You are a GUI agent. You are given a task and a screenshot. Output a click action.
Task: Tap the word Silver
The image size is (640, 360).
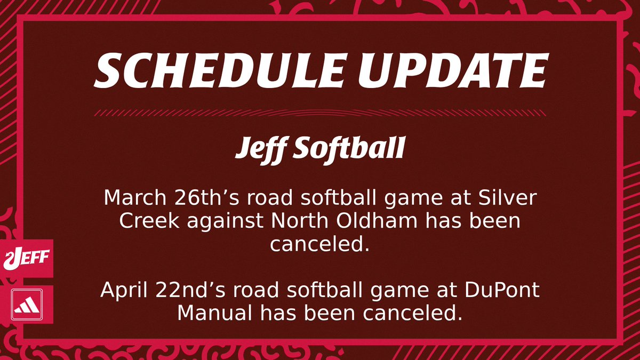click(x=505, y=199)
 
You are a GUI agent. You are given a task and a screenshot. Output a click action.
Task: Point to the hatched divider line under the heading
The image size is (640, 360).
click(x=319, y=113)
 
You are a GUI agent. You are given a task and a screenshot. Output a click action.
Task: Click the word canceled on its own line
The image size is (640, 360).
click(x=319, y=245)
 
